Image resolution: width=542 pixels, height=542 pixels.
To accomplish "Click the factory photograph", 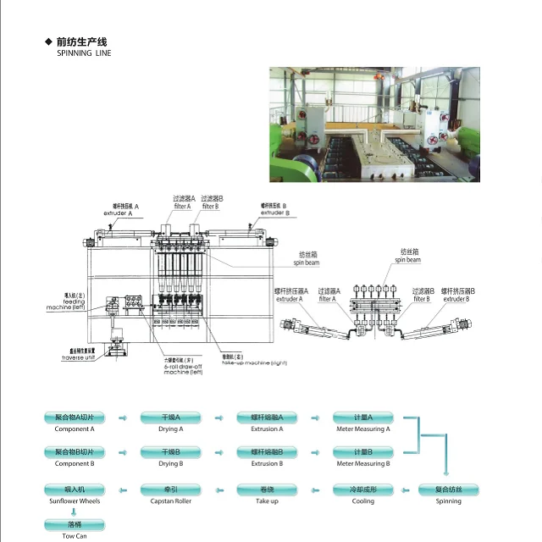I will (374, 124).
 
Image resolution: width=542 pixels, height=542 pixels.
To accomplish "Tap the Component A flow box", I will (74, 418).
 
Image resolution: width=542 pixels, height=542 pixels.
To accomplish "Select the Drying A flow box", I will (170, 418).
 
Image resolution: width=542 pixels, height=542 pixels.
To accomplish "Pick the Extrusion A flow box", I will (267, 418).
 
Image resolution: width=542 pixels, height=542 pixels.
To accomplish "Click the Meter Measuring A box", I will (363, 418).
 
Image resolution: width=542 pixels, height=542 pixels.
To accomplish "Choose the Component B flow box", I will (74, 452).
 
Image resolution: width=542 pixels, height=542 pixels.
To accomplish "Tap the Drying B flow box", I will (170, 452).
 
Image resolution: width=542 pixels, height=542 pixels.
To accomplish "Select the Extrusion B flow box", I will (267, 452).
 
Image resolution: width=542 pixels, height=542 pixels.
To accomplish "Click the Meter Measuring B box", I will (363, 452).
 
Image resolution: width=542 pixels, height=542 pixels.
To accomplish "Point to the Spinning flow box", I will (449, 489).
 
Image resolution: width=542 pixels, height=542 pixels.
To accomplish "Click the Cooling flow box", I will (363, 489).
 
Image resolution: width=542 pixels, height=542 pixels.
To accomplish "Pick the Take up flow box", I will (267, 489).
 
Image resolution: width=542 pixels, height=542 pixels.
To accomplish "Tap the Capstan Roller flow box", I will (170, 489).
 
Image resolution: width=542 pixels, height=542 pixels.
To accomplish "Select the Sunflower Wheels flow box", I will (74, 489).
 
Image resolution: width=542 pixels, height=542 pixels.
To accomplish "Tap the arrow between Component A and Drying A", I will (123, 418).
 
